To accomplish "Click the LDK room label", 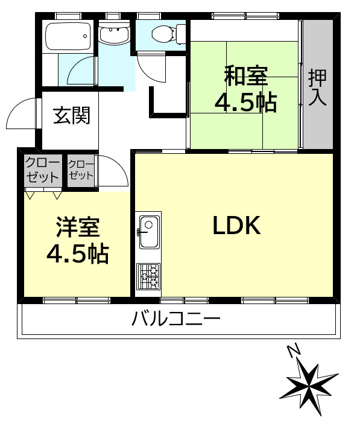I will coord(236,226).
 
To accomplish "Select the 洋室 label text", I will coord(77,227).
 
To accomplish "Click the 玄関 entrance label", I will coord(71,115).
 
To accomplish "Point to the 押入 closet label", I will coord(317,88).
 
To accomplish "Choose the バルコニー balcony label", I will coord(176,318).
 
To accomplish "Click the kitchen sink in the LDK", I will coord(148,231).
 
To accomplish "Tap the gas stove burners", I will coord(148,277).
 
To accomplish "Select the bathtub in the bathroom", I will coord(68,37).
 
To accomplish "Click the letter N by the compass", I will coord(294,350).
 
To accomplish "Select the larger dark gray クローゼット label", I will coord(42,170).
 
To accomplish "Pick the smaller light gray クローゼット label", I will coord(81,170).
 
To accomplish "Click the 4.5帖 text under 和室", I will coord(246,103).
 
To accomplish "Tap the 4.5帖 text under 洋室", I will coord(78,254).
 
